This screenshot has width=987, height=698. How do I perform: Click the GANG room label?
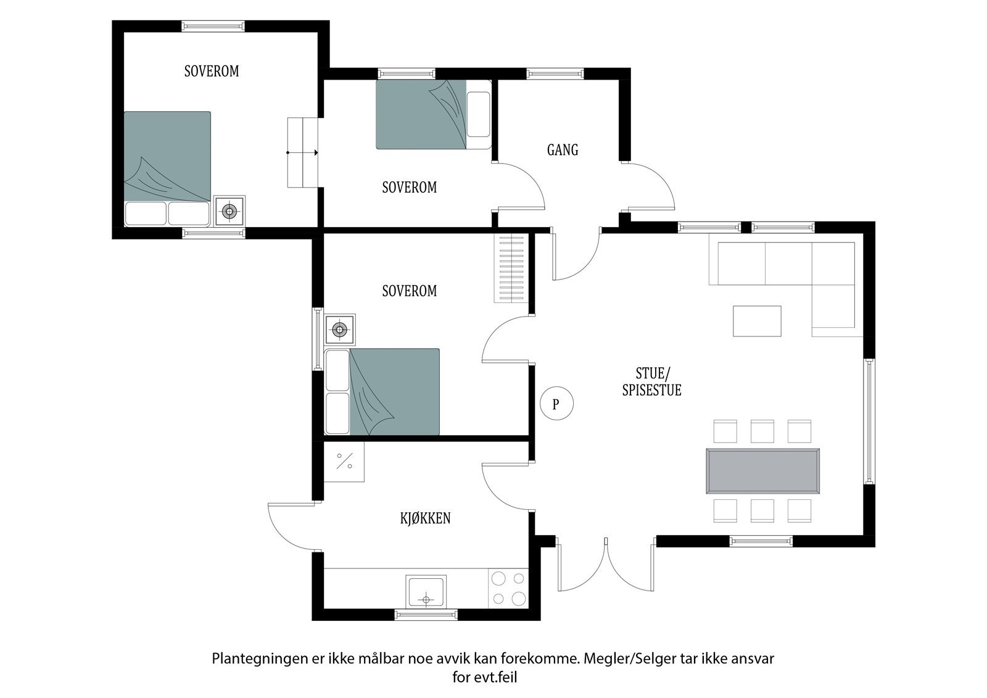[x=562, y=150]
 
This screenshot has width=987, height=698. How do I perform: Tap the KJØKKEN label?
[x=425, y=518]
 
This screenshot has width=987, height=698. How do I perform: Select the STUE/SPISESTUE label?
[x=651, y=382]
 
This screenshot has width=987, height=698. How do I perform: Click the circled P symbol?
[x=556, y=403]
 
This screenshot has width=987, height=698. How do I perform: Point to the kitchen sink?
[x=426, y=591]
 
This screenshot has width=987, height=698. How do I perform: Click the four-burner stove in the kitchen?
[x=508, y=588]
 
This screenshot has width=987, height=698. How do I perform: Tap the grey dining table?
[x=762, y=471]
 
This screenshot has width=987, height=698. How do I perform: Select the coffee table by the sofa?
[x=757, y=321]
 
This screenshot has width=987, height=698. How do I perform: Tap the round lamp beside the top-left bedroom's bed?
[x=229, y=211]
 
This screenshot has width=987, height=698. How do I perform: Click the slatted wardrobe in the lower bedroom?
[x=511, y=268]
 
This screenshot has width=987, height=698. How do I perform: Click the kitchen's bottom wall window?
[x=426, y=614]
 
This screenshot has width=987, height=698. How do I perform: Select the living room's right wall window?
[x=869, y=422]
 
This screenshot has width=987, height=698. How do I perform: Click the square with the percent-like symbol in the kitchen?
[x=344, y=462]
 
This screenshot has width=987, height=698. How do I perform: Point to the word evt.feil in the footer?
[x=495, y=677]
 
